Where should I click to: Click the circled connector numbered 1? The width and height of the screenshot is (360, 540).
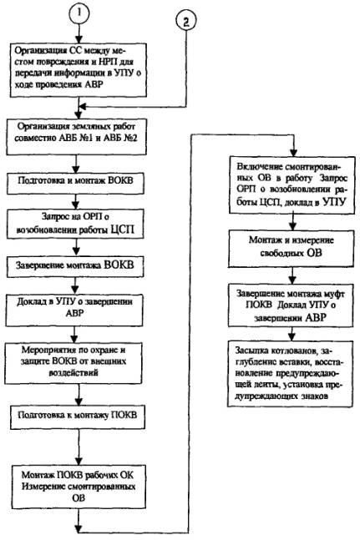pyautogui.click(x=79, y=13)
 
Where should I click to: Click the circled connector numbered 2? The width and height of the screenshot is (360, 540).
pyautogui.click(x=186, y=22)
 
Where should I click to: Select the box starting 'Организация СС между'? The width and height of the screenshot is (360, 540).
pyautogui.click(x=79, y=70)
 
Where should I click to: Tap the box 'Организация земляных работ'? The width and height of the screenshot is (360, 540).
pyautogui.click(x=76, y=137)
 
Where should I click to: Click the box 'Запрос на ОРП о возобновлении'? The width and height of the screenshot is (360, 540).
pyautogui.click(x=74, y=224)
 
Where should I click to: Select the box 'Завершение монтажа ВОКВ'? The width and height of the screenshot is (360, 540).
pyautogui.click(x=74, y=266)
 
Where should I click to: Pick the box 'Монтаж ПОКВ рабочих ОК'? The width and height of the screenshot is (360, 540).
pyautogui.click(x=79, y=487)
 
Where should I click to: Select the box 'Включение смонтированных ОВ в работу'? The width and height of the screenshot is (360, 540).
pyautogui.click(x=292, y=185)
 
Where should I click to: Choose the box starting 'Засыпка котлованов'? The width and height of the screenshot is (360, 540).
pyautogui.click(x=290, y=374)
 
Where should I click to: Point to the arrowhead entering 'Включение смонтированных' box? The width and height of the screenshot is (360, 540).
pyautogui.click(x=293, y=153)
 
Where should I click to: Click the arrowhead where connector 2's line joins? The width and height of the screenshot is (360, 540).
pyautogui.click(x=83, y=106)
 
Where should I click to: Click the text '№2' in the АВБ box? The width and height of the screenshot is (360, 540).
pyautogui.click(x=128, y=139)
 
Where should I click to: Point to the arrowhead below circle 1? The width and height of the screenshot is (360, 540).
pyautogui.click(x=79, y=38)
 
